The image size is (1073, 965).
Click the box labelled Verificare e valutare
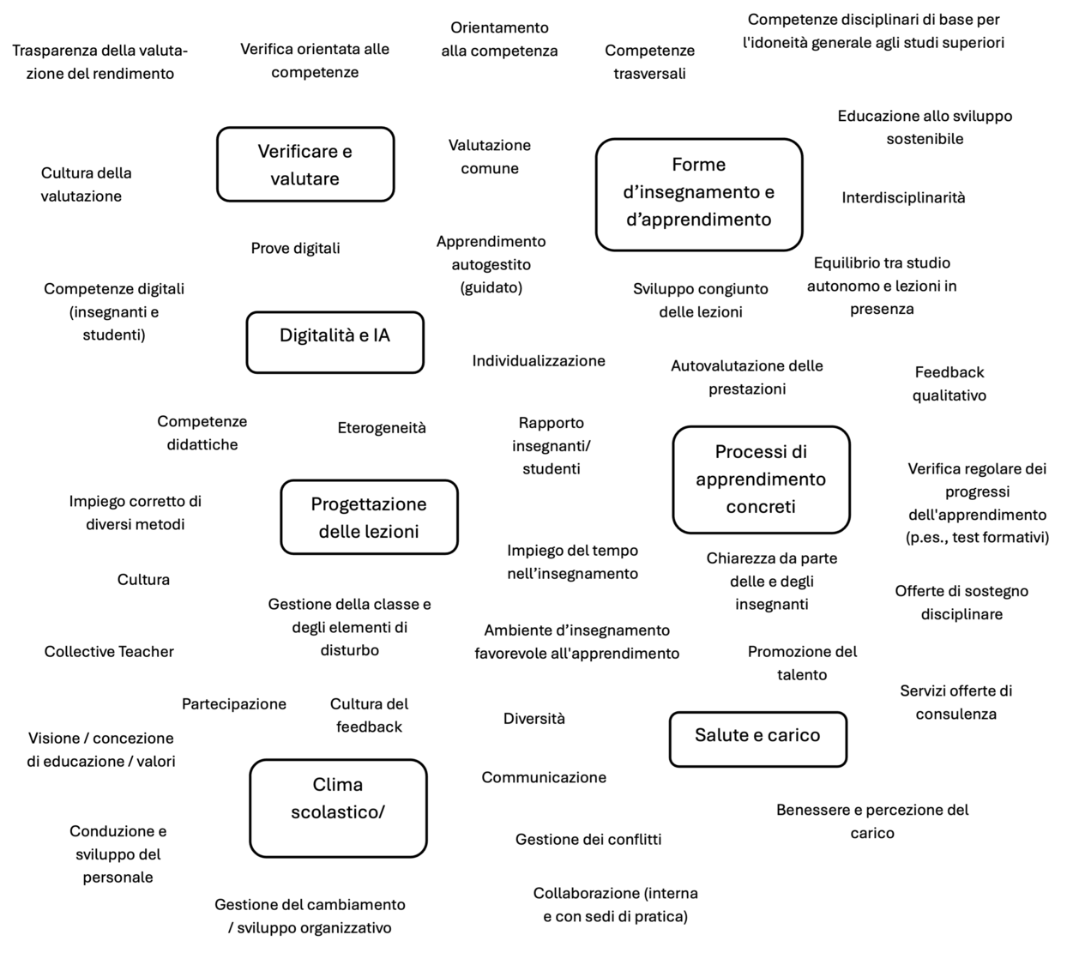(x=305, y=164)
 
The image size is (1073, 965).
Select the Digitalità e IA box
(x=335, y=342)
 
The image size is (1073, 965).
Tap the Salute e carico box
(x=758, y=739)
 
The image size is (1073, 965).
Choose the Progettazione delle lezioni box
(x=369, y=516)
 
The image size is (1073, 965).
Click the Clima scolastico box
(x=338, y=808)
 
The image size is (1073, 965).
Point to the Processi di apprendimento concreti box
(x=761, y=479)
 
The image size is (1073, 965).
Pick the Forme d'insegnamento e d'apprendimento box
(x=699, y=195)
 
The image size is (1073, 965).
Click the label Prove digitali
(x=295, y=248)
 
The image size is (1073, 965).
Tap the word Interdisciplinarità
(x=903, y=198)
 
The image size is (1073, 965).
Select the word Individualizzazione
(x=539, y=361)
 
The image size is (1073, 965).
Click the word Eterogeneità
(x=382, y=428)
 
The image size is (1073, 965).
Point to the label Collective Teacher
(x=109, y=652)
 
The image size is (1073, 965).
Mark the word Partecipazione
(x=234, y=704)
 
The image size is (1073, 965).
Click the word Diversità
(x=533, y=719)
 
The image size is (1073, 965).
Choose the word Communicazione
(x=544, y=777)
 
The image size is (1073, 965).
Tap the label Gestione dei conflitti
(x=588, y=839)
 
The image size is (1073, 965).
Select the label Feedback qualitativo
(x=949, y=383)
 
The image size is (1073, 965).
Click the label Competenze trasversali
(x=650, y=62)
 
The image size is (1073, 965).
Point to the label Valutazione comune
(x=490, y=157)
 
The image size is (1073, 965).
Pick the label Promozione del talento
(x=802, y=663)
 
